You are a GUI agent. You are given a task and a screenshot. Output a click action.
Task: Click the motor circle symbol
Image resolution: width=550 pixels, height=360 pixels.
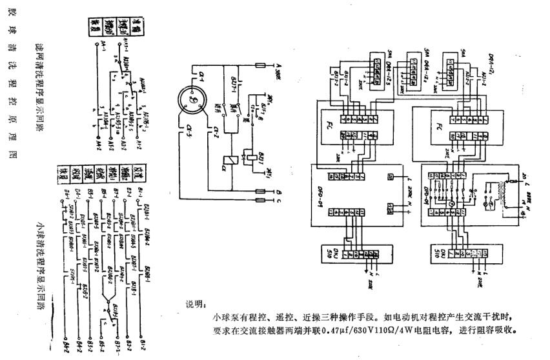192,102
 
